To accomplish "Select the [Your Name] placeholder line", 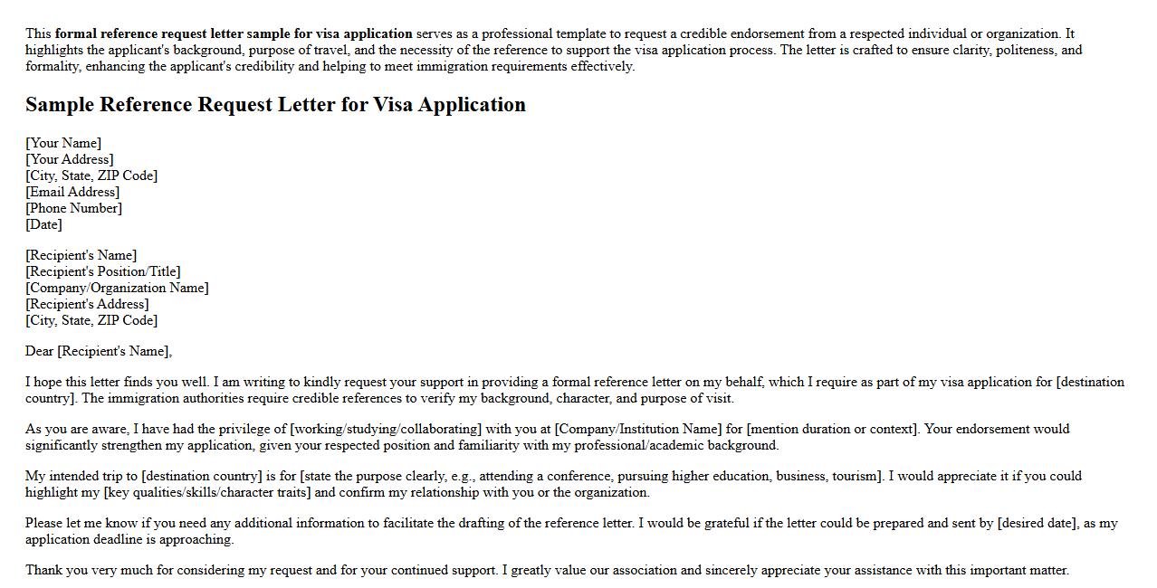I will click(x=63, y=143).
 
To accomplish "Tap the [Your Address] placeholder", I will click(x=70, y=159).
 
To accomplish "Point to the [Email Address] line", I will click(x=72, y=192).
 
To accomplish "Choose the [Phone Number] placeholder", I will click(x=73, y=208).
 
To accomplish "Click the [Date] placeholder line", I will click(x=43, y=224).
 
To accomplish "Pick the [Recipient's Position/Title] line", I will click(x=102, y=271).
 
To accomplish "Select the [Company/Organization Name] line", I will click(x=117, y=288).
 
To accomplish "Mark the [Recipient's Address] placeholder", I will click(x=87, y=304).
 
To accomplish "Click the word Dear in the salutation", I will click(x=39, y=351).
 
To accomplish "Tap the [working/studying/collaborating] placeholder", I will click(x=385, y=429).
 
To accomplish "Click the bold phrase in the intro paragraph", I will click(x=234, y=33).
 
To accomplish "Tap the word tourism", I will click(x=852, y=476).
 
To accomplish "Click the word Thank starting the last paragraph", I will click(x=43, y=570).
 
